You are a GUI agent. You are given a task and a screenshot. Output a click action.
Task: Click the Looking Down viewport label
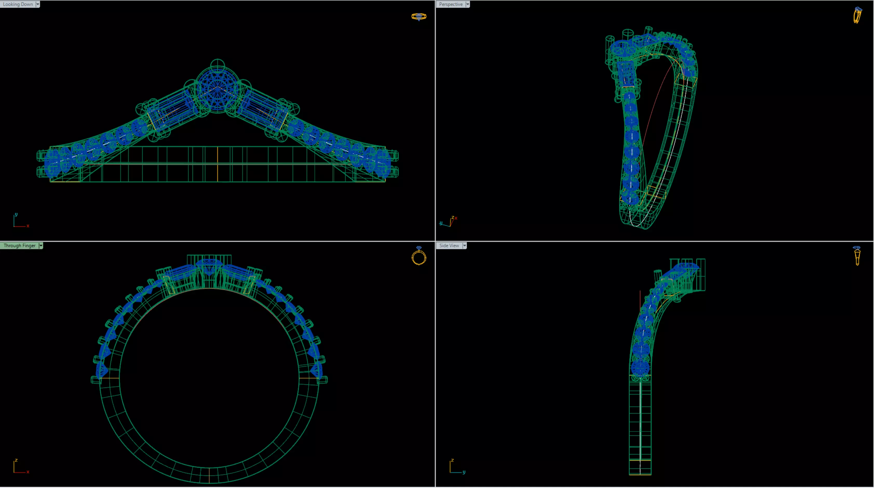(18, 4)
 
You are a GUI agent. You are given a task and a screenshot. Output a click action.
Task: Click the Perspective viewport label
(451, 4)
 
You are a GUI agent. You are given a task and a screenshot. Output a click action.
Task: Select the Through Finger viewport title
(19, 245)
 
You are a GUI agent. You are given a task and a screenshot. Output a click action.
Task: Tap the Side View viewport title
(449, 245)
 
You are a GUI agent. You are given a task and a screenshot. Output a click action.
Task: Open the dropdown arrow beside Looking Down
(38, 4)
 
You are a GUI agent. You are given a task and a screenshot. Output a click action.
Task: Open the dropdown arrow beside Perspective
(468, 4)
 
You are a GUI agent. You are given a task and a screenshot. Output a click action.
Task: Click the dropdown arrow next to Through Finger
(41, 245)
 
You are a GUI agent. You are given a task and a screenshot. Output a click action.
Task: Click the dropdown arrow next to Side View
(464, 245)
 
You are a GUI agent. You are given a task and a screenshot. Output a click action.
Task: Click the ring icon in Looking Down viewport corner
(419, 16)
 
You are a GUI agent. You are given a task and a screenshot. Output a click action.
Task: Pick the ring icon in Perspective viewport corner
(857, 15)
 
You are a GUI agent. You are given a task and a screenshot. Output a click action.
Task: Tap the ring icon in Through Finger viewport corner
(419, 256)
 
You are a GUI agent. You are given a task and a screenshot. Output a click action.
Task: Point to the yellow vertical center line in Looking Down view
(218, 164)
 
